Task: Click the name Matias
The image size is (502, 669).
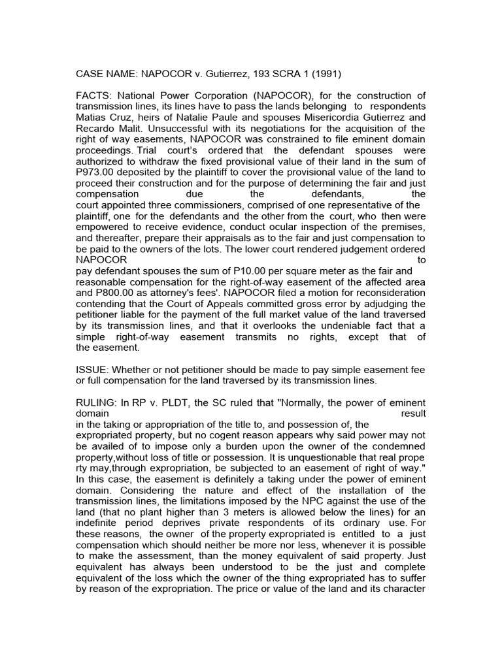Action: [93, 118]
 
